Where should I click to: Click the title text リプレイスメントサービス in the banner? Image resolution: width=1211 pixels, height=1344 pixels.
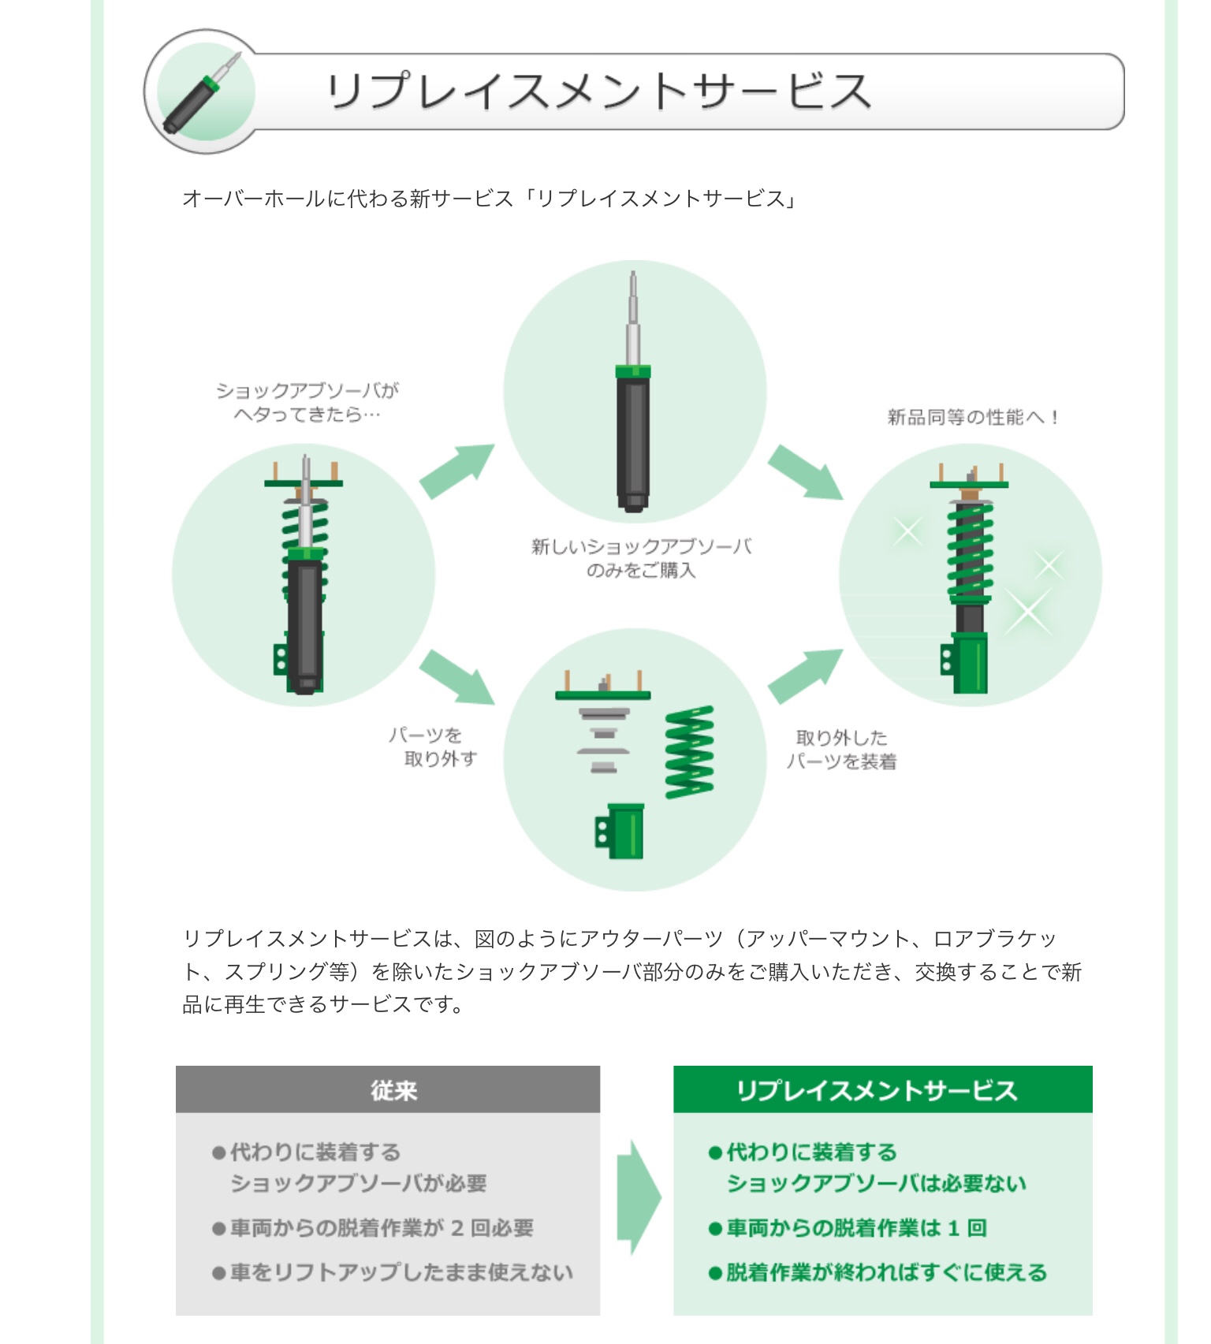599,91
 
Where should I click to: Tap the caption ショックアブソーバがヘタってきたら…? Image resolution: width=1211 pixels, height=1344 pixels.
307,402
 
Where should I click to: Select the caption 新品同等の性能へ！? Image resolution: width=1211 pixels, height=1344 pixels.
973,417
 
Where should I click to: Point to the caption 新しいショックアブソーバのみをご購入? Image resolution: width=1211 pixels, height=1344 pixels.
641,558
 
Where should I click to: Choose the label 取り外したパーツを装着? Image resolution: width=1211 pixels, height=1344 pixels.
842,750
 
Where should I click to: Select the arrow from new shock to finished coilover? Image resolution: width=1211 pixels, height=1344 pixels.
805,471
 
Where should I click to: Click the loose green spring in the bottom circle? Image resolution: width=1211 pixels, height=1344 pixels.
690,752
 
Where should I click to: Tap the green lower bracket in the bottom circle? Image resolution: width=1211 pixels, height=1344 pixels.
620,831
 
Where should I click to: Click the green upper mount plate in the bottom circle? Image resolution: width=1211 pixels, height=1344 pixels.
603,694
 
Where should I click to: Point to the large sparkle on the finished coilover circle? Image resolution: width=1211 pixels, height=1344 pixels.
1028,610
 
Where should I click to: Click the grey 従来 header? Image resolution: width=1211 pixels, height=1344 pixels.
388,1090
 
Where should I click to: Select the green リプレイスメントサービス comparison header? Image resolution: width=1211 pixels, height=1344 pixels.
882,1090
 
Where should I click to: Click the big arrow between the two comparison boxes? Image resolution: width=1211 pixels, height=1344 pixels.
637,1197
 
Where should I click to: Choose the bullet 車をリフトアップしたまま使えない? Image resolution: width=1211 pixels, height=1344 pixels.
401,1272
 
